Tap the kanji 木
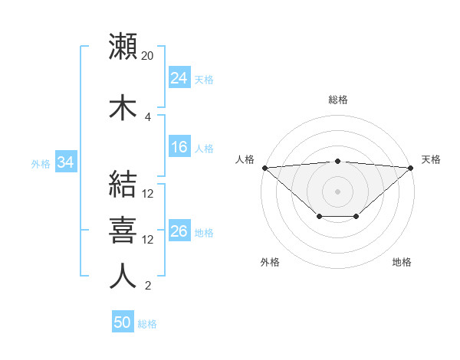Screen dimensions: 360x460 123,107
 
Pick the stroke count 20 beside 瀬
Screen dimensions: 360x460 148,56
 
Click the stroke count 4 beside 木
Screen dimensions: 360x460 148,117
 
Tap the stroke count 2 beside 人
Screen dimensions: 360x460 148,286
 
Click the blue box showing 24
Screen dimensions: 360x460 179,78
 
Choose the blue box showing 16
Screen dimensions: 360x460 179,148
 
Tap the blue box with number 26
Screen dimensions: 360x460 179,232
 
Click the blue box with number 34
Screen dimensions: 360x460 65,162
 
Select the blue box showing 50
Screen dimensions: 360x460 123,323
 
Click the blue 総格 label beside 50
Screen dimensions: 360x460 147,324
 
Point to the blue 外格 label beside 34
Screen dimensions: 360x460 41,163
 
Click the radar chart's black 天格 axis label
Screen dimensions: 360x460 431,159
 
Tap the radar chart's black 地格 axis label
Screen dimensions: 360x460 402,262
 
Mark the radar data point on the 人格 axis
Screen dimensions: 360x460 264,168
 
